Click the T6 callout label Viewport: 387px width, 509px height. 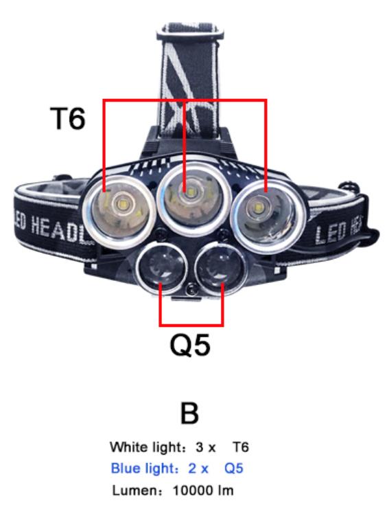tap(68, 119)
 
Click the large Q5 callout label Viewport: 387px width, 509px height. tap(190, 345)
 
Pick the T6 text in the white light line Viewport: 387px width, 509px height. tap(241, 447)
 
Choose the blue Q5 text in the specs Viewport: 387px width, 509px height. tap(234, 468)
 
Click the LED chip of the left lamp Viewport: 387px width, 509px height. tap(124, 205)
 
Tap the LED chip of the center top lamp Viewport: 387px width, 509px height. tap(190, 193)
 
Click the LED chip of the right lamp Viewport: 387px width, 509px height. tap(259, 207)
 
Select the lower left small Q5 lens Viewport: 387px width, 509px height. tap(161, 268)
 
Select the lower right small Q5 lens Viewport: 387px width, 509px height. tap(220, 267)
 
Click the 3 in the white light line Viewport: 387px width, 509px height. tap(199, 447)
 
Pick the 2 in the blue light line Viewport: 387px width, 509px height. tap(192, 468)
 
